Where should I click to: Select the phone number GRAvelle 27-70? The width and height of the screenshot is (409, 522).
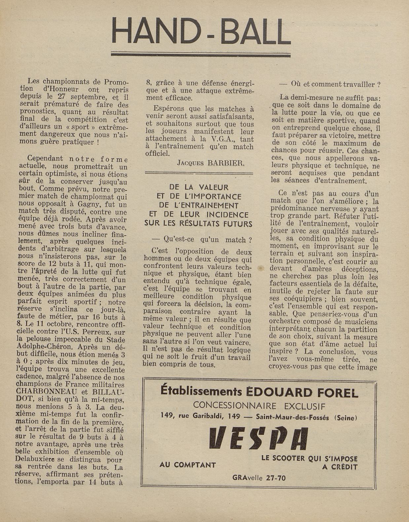pyautogui.click(x=259, y=477)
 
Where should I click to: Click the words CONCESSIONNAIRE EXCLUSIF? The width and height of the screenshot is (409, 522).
pyautogui.click(x=259, y=405)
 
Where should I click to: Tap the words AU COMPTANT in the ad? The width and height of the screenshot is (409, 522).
pyautogui.click(x=188, y=465)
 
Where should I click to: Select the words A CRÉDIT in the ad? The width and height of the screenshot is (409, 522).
pyautogui.click(x=340, y=467)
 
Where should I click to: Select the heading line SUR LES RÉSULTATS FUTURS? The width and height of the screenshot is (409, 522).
pyautogui.click(x=198, y=223)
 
